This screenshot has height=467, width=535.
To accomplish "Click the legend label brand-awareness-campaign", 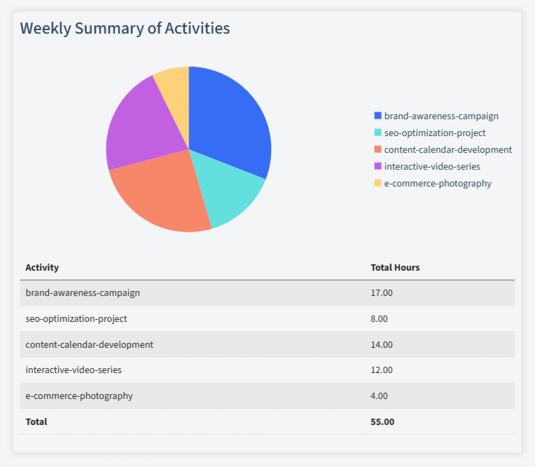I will click(441, 116).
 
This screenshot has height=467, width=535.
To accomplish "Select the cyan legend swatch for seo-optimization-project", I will click(378, 133).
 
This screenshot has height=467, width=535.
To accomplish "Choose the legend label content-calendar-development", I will click(447, 149).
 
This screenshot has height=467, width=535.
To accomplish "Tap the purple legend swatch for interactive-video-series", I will click(378, 166).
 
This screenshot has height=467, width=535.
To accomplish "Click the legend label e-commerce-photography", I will click(438, 183).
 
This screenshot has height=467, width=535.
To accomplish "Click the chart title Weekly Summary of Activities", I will click(125, 28).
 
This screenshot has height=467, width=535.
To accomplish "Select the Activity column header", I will click(42, 267).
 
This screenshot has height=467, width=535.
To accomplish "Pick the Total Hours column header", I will click(395, 267).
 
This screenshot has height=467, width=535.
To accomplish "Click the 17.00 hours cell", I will click(382, 292).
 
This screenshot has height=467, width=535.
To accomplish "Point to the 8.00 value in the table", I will click(379, 318).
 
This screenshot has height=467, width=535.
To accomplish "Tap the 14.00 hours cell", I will click(382, 344).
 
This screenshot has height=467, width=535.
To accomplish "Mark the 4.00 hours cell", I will click(379, 395).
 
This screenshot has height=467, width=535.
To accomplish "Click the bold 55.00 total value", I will click(382, 421).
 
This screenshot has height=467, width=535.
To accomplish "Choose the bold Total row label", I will click(36, 421).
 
